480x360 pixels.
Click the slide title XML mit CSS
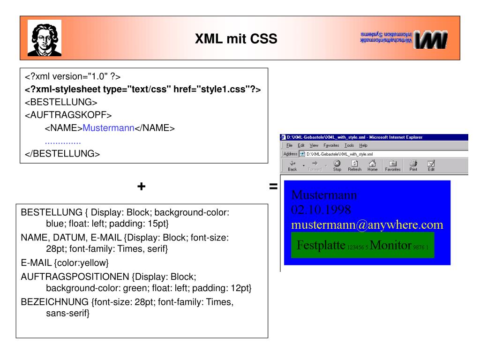tap(236, 39)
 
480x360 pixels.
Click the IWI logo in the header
tap(403, 39)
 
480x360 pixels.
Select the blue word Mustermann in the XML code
tap(108, 128)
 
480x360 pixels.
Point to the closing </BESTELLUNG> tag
tap(62, 154)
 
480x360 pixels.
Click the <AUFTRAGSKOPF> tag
tap(68, 115)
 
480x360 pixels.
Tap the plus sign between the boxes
tap(141, 187)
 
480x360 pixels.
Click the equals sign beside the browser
tap(273, 187)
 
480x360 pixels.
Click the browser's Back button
tap(292, 166)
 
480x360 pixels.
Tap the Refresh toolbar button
tap(354, 166)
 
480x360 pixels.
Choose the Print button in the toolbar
tap(413, 166)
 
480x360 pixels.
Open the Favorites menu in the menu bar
tap(331, 145)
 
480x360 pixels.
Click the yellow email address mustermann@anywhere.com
tap(367, 225)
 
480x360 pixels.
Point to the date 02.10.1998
tap(321, 209)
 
